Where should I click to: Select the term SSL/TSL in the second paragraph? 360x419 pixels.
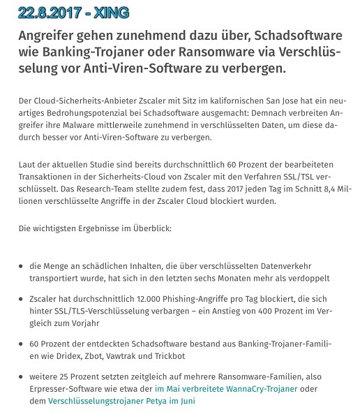(313, 175)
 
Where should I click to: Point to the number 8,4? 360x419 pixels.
(330, 188)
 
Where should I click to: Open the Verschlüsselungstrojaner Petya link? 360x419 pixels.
(121, 402)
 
